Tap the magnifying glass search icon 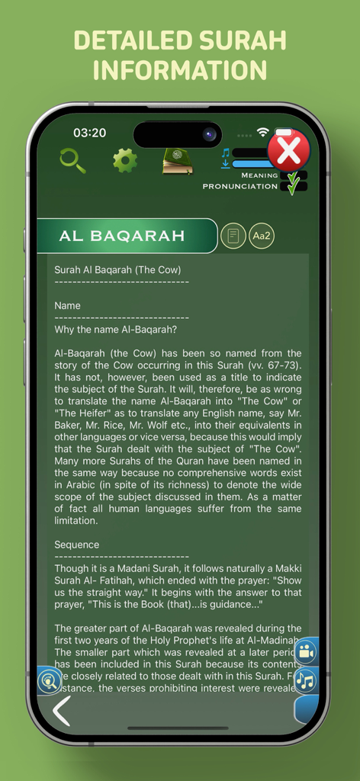click(x=72, y=160)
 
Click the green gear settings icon click(x=125, y=160)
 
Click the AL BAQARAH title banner click(x=123, y=236)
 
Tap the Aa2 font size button click(x=262, y=236)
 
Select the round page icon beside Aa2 click(x=233, y=236)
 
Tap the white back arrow click(x=61, y=711)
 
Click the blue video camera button click(x=306, y=652)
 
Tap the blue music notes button click(x=306, y=680)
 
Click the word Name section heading click(x=67, y=305)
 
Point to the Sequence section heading click(x=77, y=545)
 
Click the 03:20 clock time click(x=89, y=133)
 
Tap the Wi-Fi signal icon click(x=263, y=132)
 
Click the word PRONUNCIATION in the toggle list click(x=239, y=186)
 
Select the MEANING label click(x=259, y=175)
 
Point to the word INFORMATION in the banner click(x=180, y=70)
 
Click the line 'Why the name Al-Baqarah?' click(x=116, y=329)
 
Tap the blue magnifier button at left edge click(x=50, y=680)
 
